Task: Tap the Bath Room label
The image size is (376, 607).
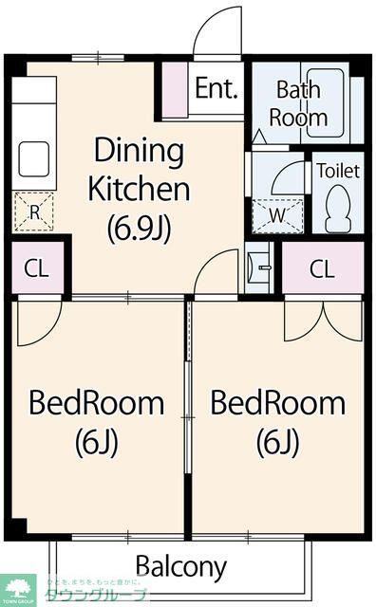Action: coord(298,103)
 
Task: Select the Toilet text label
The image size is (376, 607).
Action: coord(337,171)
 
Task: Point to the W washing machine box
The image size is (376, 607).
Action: coord(278,215)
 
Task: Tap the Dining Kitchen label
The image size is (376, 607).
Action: coord(139,169)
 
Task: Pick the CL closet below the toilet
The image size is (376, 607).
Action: coord(322,268)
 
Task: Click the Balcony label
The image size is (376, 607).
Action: coord(181,566)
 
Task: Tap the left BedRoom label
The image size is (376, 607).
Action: coord(97,404)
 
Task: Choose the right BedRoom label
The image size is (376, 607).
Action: coord(277,404)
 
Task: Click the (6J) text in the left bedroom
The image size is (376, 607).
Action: coord(97,441)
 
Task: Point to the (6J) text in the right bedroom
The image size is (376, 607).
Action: coord(277,441)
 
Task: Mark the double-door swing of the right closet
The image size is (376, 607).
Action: coord(322,320)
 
